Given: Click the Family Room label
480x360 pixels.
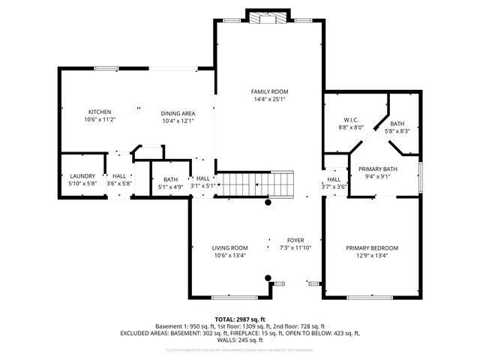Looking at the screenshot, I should (269, 91).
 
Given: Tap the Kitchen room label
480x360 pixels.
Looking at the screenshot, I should (100, 111).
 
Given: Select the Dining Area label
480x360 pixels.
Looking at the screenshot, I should (178, 113).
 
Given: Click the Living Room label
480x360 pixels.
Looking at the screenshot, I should (229, 247).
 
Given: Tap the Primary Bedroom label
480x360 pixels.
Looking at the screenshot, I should (371, 247).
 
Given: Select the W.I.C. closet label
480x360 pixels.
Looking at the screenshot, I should (350, 120).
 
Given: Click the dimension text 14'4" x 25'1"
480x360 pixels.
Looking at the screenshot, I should (269, 98).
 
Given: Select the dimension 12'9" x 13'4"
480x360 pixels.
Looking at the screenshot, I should (371, 255).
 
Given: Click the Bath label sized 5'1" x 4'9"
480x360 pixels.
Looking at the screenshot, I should (170, 179).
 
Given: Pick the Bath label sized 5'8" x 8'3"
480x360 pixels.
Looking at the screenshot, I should (397, 124).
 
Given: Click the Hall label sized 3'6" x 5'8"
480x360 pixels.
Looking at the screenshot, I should (119, 175).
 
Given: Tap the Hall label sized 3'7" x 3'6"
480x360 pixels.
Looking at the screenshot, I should (334, 179).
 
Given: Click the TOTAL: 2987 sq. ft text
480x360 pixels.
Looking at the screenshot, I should (240, 319).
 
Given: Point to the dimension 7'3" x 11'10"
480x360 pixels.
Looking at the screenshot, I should (295, 247).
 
